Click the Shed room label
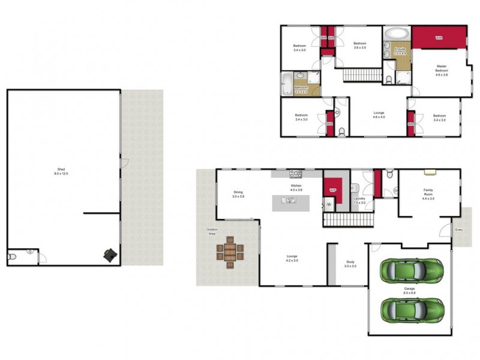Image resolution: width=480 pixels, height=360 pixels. (62, 170)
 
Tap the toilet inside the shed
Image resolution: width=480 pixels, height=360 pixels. (12, 257)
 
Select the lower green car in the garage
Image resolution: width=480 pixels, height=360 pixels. (411, 310)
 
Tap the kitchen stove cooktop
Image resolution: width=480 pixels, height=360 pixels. (296, 174)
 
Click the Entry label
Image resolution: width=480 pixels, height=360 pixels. (459, 229)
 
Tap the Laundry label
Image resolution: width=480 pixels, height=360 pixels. (359, 200)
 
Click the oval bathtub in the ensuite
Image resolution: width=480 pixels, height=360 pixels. (396, 32)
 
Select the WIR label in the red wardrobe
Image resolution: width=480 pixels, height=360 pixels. (439, 38)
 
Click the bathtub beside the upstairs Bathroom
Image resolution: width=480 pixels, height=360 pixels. (287, 83)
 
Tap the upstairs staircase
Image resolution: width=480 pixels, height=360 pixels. (362, 75)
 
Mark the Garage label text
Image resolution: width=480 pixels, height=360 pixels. (409, 290)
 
